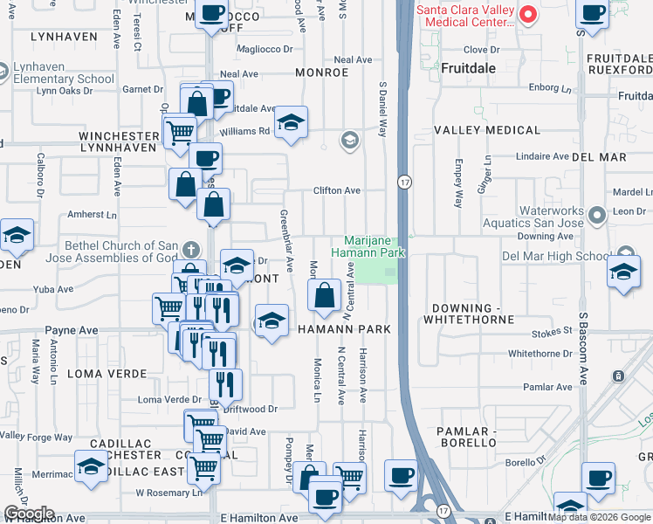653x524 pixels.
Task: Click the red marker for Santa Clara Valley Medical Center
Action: click(x=528, y=15)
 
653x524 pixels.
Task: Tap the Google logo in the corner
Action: click(x=29, y=514)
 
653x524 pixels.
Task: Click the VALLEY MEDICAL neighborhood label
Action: click(x=488, y=130)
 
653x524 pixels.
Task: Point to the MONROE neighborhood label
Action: click(x=322, y=72)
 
